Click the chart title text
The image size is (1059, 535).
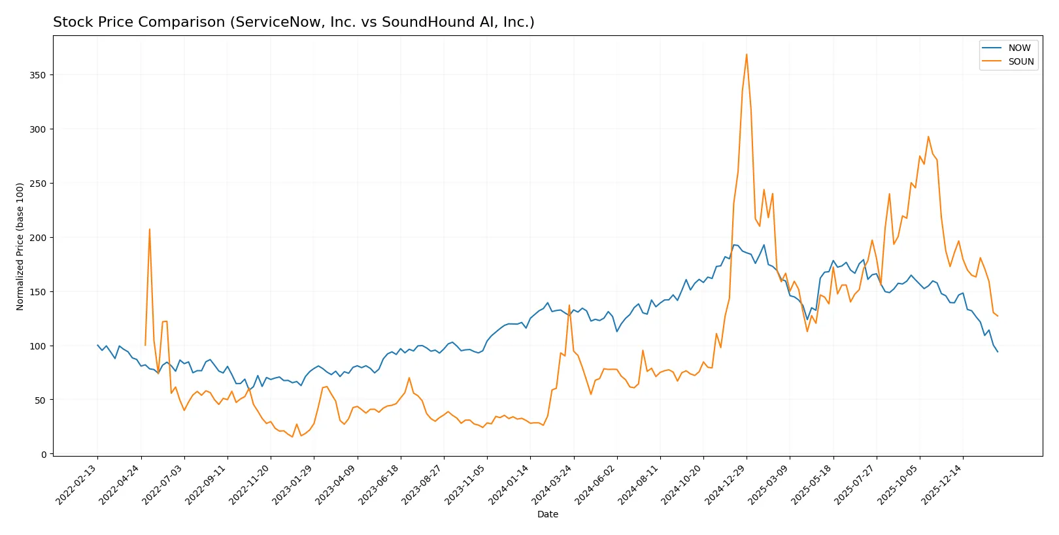pyautogui.click(x=294, y=22)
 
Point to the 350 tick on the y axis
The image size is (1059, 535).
pyautogui.click(x=38, y=75)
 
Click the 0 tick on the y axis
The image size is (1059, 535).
pyautogui.click(x=44, y=455)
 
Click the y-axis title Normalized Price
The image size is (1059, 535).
pyautogui.click(x=20, y=246)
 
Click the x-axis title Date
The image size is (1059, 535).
pyautogui.click(x=547, y=514)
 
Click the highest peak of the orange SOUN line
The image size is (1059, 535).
pyautogui.click(x=747, y=55)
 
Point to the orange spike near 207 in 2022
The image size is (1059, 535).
pyautogui.click(x=150, y=229)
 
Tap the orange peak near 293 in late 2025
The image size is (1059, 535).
pyautogui.click(x=928, y=137)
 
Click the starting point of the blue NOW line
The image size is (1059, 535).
pyautogui.click(x=97, y=345)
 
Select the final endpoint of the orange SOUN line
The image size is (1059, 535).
pyautogui.click(x=998, y=316)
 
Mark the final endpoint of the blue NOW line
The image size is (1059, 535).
pyautogui.click(x=998, y=352)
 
